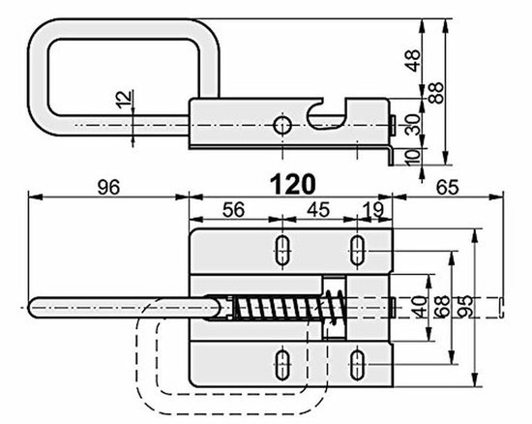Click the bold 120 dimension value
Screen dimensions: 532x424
point(293,185)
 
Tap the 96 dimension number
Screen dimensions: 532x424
point(108,188)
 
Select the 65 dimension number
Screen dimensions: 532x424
point(447,188)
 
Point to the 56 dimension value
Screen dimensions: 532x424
point(233,210)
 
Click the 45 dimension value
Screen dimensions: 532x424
point(318,210)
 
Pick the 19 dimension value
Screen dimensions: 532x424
point(373,210)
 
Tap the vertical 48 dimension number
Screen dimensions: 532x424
point(414,60)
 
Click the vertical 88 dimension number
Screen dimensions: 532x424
point(436,93)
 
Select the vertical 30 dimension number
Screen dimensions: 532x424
point(414,125)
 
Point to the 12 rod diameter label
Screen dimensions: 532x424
point(125,100)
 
